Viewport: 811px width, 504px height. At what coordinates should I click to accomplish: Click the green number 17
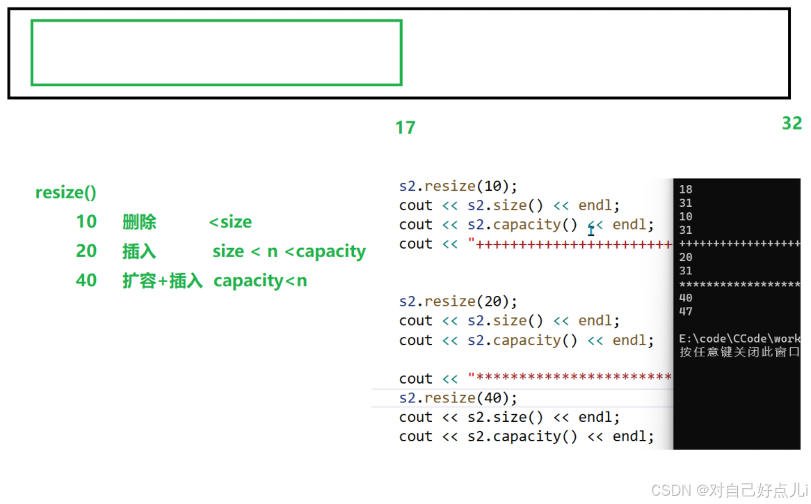click(x=405, y=127)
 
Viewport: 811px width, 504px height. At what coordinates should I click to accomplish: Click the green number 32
click(x=792, y=123)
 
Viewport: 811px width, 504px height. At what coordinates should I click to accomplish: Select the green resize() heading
click(x=66, y=193)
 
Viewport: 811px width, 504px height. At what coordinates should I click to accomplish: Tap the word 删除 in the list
click(x=139, y=222)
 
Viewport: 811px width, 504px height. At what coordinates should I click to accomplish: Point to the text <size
click(x=230, y=222)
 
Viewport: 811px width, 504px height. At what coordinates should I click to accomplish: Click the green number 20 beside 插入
click(x=86, y=251)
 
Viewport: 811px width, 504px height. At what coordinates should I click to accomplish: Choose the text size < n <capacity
click(x=289, y=251)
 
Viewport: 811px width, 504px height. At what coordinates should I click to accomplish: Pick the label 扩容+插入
click(x=162, y=281)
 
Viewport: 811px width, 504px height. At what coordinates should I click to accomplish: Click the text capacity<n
click(x=260, y=281)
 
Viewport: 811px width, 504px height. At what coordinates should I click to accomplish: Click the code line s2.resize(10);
click(x=458, y=187)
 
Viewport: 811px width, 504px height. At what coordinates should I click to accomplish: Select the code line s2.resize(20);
click(x=458, y=301)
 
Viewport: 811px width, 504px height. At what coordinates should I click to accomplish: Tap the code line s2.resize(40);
click(x=458, y=397)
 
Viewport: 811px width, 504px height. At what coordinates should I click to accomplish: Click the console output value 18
click(x=686, y=189)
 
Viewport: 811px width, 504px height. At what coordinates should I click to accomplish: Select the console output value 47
click(x=686, y=311)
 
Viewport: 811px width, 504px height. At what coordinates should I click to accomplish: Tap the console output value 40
click(x=686, y=298)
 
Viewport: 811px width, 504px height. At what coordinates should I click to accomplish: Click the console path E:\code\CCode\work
click(x=739, y=338)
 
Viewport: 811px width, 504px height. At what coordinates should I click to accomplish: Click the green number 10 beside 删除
click(x=86, y=222)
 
